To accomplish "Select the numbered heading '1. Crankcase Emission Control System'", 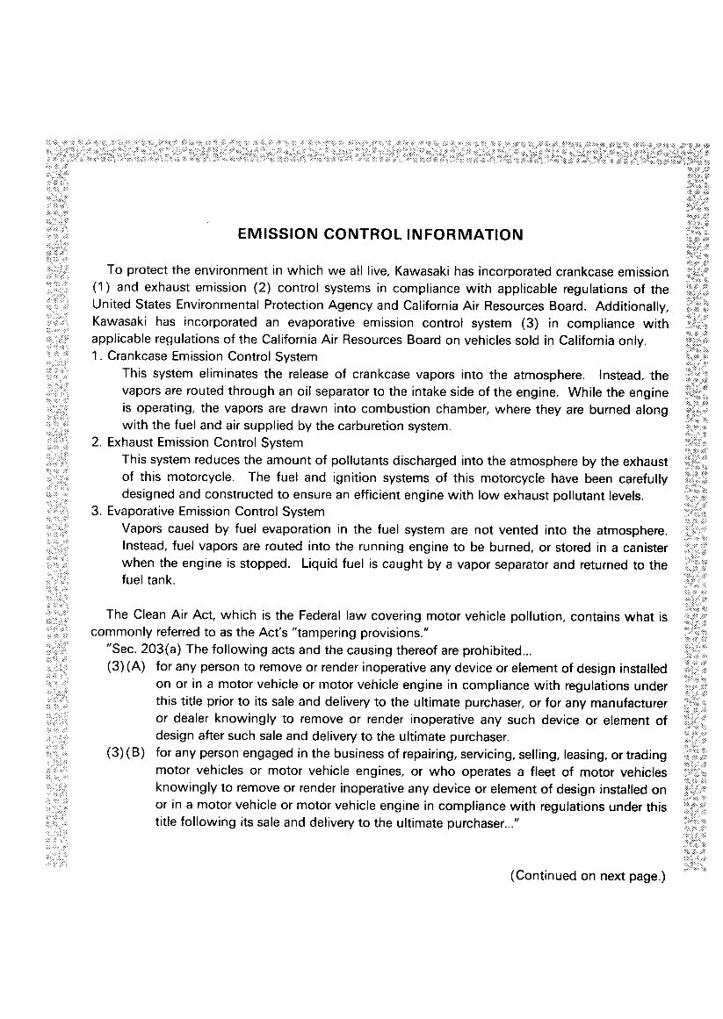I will pos(204,357).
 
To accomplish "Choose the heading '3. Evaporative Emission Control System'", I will pos(207,511).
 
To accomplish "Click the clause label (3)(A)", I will pos(126,668).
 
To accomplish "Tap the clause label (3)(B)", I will pos(126,754).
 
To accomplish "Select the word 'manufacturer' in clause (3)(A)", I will pos(630,702).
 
